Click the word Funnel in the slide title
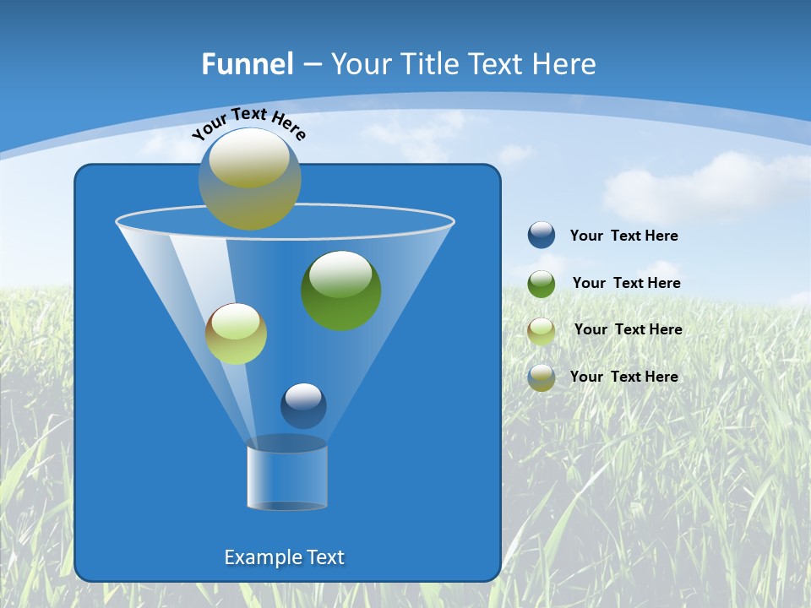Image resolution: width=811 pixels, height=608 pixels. click(247, 64)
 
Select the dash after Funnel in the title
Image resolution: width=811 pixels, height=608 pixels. click(312, 64)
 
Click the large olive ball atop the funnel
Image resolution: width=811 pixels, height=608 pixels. click(250, 179)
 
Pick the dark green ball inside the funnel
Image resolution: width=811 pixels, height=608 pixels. click(341, 290)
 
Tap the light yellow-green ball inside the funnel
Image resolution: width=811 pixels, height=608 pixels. click(236, 334)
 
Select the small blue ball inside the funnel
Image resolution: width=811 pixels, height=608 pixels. click(303, 405)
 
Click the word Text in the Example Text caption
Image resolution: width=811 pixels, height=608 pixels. click(325, 557)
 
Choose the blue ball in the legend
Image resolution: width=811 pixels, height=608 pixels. click(542, 236)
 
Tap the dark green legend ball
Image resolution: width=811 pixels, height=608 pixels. click(542, 284)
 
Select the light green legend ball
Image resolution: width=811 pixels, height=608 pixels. click(542, 330)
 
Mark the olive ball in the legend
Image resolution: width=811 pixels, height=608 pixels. click(542, 377)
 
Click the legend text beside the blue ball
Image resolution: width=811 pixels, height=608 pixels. click(623, 236)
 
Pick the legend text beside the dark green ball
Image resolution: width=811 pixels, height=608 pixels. click(626, 284)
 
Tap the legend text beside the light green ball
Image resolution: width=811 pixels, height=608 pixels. click(628, 330)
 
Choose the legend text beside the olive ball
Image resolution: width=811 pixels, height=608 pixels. click(623, 377)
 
